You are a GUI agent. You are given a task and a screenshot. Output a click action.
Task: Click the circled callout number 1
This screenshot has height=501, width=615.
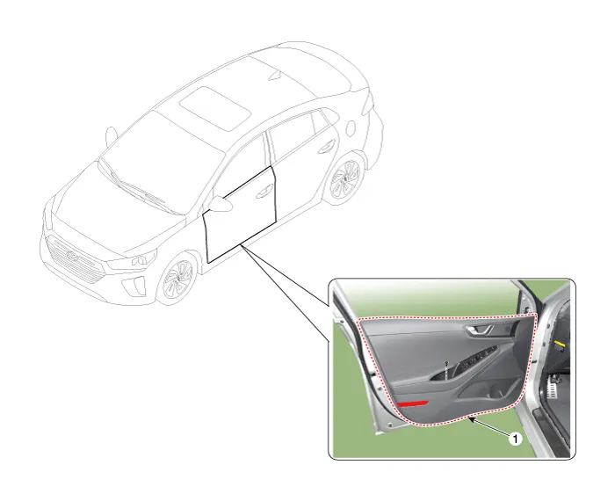tap(516, 439)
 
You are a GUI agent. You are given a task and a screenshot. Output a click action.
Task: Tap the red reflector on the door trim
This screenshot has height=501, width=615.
tap(412, 403)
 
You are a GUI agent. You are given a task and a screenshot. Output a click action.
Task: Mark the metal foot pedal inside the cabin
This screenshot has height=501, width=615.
tap(553, 384)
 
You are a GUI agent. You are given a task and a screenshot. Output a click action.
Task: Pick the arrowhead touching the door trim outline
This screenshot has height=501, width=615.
tap(473, 420)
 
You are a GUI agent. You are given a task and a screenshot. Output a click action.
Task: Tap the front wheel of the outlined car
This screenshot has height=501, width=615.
tap(177, 278)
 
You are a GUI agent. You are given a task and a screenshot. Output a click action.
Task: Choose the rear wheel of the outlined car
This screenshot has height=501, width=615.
tap(345, 178)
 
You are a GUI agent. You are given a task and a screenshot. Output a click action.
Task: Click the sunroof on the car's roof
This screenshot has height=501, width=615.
tap(215, 108)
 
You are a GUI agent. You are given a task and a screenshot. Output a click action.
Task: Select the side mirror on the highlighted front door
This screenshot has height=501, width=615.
tap(221, 204)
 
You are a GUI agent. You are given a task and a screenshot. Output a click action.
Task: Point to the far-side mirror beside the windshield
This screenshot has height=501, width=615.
tap(111, 135)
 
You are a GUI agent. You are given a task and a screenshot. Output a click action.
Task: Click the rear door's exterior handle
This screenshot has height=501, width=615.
tap(326, 147)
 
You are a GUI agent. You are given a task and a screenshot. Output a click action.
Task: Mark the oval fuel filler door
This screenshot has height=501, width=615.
tap(351, 128)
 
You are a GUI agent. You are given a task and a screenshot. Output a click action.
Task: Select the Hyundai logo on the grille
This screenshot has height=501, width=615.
tap(73, 255)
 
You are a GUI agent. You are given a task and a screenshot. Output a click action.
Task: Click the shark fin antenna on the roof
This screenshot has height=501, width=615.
tap(276, 75)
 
